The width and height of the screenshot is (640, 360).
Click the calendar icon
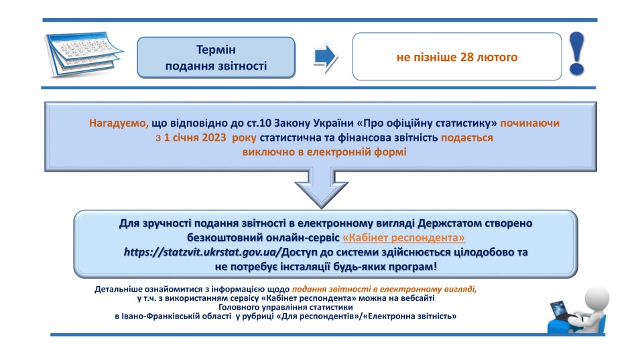84,54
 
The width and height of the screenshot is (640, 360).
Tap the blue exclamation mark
577,54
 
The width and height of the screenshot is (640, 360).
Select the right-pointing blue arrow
325,57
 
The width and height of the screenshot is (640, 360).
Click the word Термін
216,50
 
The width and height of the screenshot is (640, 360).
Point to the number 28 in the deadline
466,57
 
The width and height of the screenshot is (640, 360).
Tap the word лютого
497,57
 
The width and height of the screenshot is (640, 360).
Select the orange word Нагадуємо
119,123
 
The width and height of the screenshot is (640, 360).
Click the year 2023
214,137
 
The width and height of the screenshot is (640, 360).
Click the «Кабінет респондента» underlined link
403,237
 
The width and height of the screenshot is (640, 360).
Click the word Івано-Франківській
177,316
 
